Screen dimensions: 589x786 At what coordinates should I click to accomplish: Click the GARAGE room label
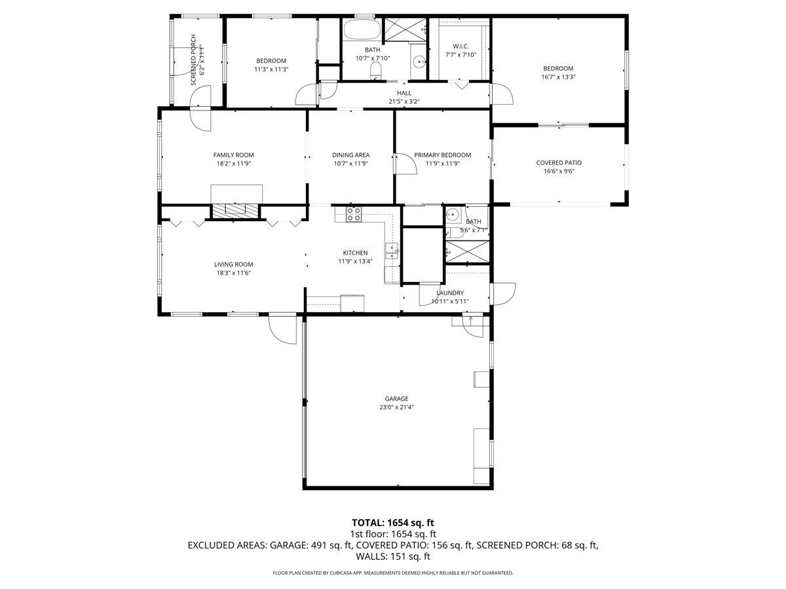point(396,399)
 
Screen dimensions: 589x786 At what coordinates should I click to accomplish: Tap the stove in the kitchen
point(354,214)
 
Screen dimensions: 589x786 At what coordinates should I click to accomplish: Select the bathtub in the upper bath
point(361,30)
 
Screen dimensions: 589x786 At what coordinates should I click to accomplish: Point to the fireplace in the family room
point(236,210)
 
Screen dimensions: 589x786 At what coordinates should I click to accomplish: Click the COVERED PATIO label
point(559,163)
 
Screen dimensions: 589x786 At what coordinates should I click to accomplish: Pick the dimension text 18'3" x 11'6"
point(233,273)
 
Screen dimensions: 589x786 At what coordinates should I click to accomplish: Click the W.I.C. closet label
point(460,46)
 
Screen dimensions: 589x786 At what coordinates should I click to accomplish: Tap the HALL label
point(404,93)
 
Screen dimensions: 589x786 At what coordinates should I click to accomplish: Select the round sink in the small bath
point(453,215)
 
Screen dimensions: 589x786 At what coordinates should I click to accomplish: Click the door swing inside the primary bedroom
point(404,164)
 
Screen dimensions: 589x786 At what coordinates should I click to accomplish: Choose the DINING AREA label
point(350,155)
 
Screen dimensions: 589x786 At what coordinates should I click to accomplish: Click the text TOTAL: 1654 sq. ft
point(393,522)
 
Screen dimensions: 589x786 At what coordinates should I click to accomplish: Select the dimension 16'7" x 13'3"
point(558,77)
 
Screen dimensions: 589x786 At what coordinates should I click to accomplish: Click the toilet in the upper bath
point(376,70)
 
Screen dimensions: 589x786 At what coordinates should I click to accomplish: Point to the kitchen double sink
point(392,249)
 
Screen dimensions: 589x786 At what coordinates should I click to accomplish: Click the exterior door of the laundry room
point(502,293)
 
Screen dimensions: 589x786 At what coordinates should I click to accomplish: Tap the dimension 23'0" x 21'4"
point(396,407)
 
